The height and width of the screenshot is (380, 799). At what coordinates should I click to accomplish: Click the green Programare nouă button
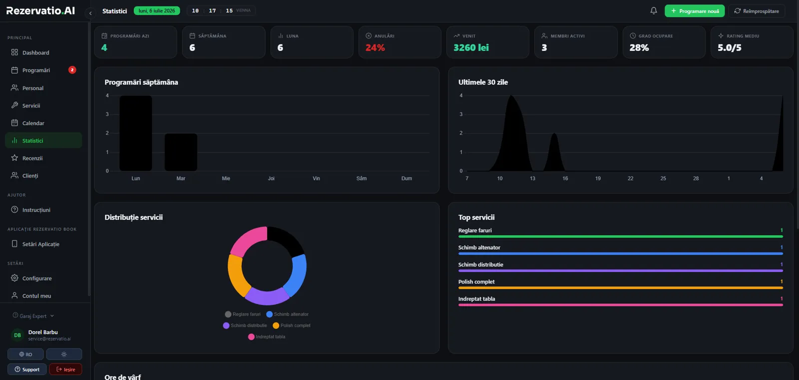click(x=695, y=11)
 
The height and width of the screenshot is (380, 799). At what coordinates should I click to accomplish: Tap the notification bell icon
click(x=654, y=10)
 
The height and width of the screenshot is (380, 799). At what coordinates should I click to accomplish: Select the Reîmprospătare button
click(x=757, y=11)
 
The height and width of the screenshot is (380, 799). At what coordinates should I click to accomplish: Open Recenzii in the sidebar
click(x=32, y=158)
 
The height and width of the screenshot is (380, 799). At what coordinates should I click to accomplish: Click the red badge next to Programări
click(x=72, y=70)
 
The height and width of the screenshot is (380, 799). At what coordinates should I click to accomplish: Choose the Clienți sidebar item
click(x=30, y=175)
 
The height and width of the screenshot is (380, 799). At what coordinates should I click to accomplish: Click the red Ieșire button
click(x=65, y=369)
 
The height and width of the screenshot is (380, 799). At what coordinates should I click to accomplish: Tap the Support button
click(x=27, y=369)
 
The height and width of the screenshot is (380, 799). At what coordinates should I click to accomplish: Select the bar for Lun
click(x=135, y=133)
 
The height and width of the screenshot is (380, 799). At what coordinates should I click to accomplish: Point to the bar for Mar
click(x=181, y=152)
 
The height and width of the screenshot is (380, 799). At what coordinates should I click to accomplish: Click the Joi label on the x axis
click(x=271, y=178)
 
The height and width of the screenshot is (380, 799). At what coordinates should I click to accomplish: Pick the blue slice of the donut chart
click(x=296, y=275)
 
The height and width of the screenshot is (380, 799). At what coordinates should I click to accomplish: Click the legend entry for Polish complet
click(x=292, y=325)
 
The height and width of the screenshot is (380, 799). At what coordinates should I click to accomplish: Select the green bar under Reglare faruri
click(x=620, y=236)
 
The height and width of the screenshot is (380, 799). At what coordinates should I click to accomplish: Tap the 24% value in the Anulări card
click(x=375, y=47)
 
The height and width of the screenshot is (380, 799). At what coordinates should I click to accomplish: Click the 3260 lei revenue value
click(x=471, y=47)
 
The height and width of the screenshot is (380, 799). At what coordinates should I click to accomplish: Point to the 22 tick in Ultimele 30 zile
click(x=630, y=178)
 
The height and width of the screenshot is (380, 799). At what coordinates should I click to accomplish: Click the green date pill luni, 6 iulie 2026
click(x=157, y=10)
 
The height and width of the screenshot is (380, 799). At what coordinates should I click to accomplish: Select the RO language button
click(x=25, y=354)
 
